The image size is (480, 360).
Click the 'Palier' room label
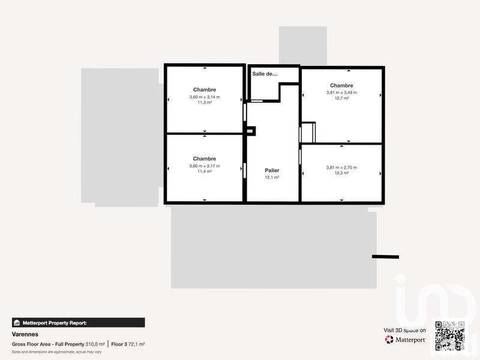(272, 170)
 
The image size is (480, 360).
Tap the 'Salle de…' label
(265, 74)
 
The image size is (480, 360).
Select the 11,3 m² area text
(205, 103)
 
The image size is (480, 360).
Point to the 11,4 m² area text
(205, 172)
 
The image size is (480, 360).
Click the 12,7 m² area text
(341, 98)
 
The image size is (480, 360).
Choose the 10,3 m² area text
(341, 173)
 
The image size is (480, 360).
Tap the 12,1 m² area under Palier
(272, 178)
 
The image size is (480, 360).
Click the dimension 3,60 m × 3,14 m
(205, 97)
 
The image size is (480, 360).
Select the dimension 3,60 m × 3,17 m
(205, 166)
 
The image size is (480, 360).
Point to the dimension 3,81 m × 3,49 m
(341, 92)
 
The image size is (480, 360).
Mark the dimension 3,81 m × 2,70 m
(341, 167)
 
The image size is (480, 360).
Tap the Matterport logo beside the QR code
(406, 340)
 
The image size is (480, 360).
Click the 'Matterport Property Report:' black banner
(78, 322)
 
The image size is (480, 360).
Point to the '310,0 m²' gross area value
(95, 344)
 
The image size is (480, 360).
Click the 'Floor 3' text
(119, 344)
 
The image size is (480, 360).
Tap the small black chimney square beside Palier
(251, 130)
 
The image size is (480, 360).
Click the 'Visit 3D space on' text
(405, 330)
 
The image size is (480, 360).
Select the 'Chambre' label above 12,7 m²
(341, 85)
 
